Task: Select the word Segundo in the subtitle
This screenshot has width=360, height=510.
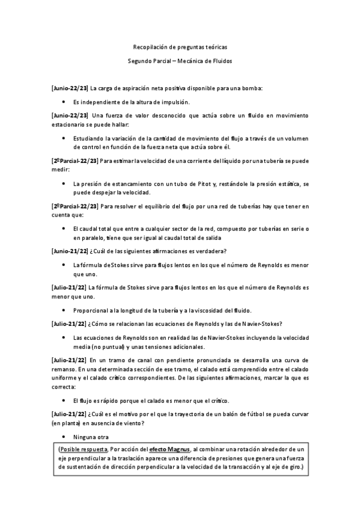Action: click(x=140, y=61)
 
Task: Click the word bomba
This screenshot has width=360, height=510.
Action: click(x=259, y=88)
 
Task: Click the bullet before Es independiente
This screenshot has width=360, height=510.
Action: click(x=64, y=102)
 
